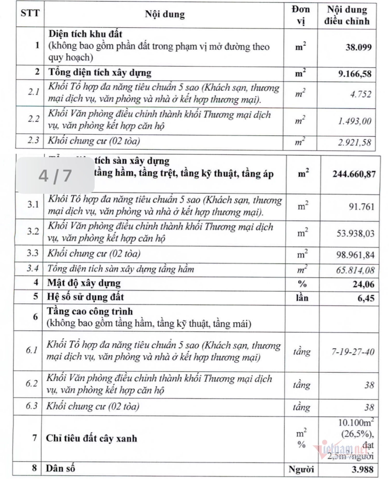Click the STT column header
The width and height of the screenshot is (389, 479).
30,13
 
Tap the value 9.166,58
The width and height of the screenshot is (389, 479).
355,74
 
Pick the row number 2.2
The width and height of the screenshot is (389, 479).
34,119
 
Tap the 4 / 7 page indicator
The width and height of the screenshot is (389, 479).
55,176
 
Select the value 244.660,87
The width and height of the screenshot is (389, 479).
354,174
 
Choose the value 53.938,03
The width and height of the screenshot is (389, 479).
355,233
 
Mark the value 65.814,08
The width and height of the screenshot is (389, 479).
355,270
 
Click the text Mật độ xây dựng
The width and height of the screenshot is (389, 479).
84,283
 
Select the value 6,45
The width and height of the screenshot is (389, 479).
366,298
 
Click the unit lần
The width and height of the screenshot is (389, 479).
302,298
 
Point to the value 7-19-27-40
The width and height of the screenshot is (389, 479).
353,352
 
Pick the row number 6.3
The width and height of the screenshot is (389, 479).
31,406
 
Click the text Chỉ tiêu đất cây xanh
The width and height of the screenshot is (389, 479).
91,438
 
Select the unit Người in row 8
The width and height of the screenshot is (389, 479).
301,469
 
